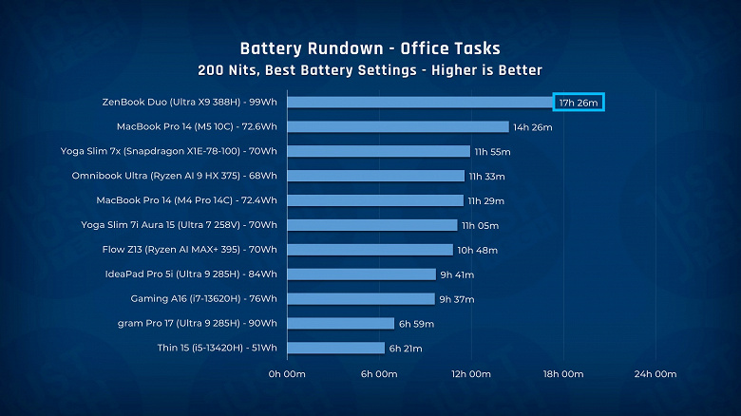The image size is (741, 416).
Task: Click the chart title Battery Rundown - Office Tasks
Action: (370, 47)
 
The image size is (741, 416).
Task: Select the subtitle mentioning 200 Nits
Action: (370, 69)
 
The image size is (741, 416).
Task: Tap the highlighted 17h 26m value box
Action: (579, 102)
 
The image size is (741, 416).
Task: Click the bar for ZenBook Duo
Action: (419, 102)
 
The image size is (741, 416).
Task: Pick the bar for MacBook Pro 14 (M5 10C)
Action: (397, 126)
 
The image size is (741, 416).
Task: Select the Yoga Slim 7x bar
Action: (378, 151)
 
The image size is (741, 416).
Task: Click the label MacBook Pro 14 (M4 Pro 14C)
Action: (186, 200)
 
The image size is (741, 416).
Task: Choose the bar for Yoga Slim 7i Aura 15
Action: (371, 225)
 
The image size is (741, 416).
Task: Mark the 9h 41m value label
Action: (459, 274)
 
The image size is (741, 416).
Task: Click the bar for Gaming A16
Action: (360, 299)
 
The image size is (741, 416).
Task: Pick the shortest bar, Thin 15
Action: (335, 349)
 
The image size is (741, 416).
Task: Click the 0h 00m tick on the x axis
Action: (287, 374)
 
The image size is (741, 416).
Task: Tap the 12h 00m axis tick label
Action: (470, 374)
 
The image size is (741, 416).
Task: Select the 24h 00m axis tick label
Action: (655, 374)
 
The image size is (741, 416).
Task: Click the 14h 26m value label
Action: (532, 126)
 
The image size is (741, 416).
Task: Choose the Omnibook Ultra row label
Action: (174, 176)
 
